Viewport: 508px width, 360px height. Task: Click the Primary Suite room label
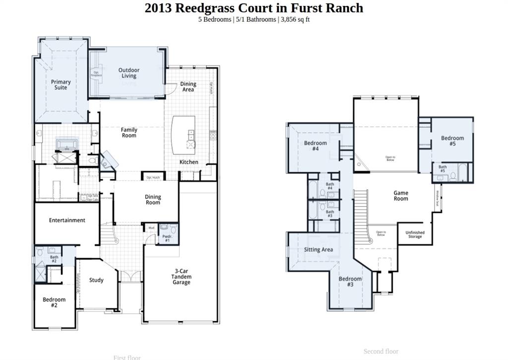click(x=61, y=85)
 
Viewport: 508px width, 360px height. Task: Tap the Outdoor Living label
click(x=129, y=73)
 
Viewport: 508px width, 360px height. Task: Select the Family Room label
click(x=129, y=133)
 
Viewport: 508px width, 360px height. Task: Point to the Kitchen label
click(x=189, y=162)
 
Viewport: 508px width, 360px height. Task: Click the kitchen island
click(x=184, y=135)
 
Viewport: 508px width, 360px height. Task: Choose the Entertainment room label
click(x=67, y=220)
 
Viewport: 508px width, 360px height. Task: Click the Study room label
click(x=96, y=280)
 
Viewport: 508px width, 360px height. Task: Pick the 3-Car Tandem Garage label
click(x=181, y=277)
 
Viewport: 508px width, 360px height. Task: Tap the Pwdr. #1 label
click(x=167, y=238)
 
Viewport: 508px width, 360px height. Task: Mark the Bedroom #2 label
click(x=54, y=302)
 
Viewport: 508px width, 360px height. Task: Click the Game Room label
click(x=401, y=196)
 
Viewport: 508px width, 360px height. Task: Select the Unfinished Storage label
click(x=415, y=234)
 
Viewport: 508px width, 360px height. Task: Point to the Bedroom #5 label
click(x=452, y=141)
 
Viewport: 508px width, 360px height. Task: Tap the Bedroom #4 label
click(x=316, y=146)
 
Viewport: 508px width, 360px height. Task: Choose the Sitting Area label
click(x=318, y=250)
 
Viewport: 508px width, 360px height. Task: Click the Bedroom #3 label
click(x=350, y=282)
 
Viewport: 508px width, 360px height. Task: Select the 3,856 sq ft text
click(x=295, y=19)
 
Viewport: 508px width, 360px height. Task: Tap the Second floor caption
click(x=381, y=351)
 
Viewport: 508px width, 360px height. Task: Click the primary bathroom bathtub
click(x=65, y=144)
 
